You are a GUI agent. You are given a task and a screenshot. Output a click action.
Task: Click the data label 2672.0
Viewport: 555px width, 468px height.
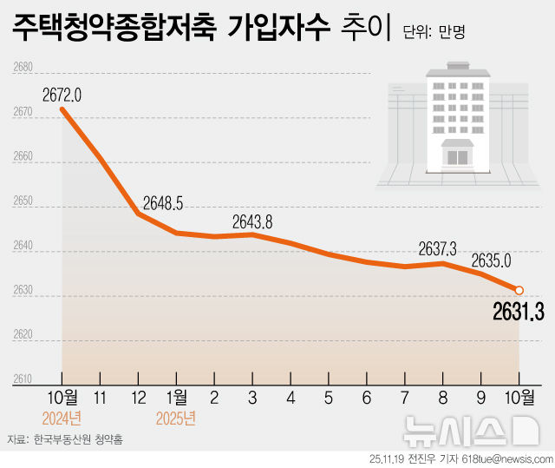click(62, 94)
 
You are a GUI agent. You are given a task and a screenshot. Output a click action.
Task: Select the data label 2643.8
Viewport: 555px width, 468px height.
click(252, 221)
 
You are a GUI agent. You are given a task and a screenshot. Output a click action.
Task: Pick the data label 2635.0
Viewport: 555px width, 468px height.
click(491, 260)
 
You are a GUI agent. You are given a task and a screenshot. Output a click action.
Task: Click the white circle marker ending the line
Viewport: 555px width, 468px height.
click(519, 290)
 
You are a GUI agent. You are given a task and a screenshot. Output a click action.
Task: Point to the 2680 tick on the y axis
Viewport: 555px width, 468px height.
click(23, 67)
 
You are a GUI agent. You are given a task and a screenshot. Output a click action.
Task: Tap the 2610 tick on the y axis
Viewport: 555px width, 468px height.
click(23, 379)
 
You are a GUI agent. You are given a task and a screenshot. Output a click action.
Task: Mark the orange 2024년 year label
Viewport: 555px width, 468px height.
click(62, 418)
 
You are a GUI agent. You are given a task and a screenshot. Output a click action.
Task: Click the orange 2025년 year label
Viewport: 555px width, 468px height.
click(176, 418)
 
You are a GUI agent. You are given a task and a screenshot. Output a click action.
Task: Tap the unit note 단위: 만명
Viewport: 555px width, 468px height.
click(434, 34)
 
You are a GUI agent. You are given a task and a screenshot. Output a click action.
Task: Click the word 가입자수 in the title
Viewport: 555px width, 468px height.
click(277, 29)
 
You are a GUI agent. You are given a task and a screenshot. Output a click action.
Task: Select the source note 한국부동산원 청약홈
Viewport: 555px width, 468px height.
click(78, 439)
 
